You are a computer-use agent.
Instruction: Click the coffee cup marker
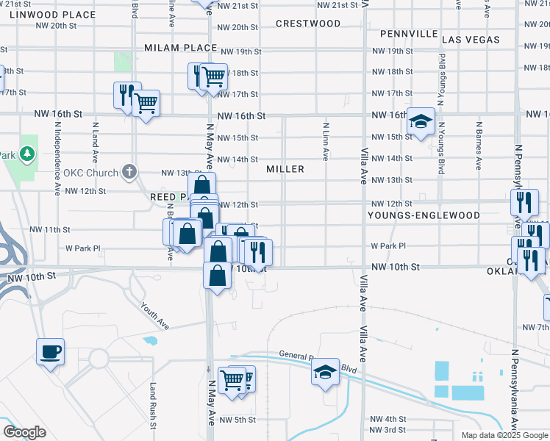coord(50,351)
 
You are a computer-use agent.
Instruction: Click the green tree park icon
coord(27,154)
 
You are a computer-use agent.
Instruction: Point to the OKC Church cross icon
coord(129,173)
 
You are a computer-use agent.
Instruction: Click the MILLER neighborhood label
coord(285,169)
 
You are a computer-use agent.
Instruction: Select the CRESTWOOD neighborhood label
coord(308,24)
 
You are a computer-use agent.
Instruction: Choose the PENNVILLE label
coord(410,35)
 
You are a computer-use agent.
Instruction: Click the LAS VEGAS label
coord(472,40)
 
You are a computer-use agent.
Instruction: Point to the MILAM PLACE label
coord(181,48)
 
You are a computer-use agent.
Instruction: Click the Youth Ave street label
coord(154,318)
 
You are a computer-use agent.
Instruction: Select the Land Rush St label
coord(153,406)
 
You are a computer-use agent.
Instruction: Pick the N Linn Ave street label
coord(325,141)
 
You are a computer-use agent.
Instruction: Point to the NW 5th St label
coord(240,420)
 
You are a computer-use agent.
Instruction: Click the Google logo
coord(24,432)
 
